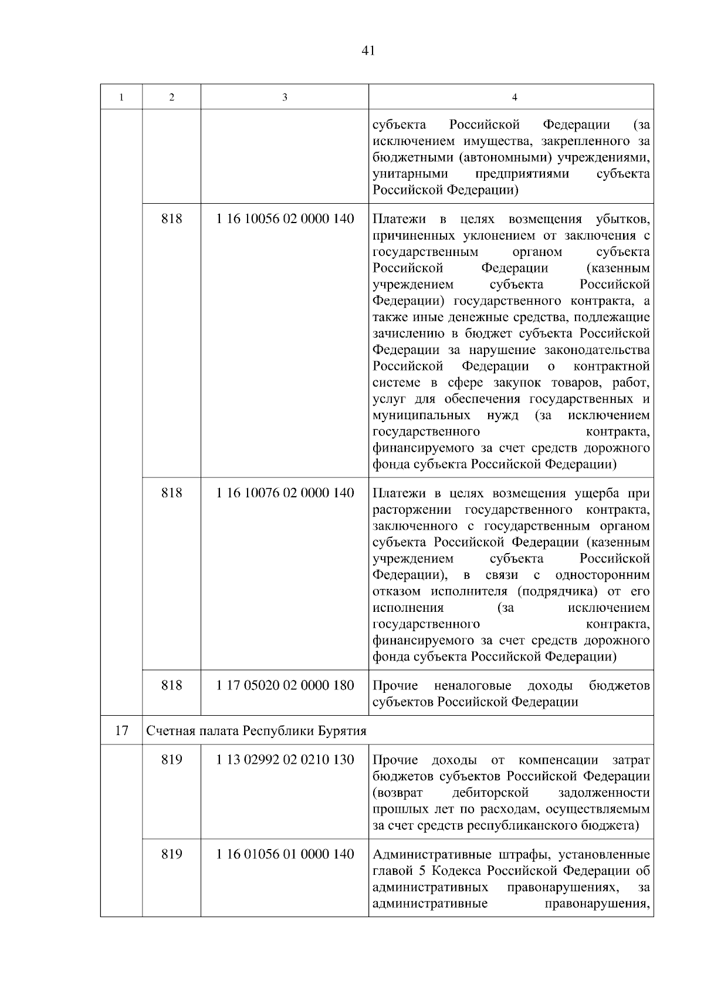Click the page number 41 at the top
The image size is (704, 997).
[368, 50]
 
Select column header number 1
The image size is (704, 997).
[121, 97]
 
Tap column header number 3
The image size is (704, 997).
[285, 97]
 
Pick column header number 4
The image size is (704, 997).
[515, 97]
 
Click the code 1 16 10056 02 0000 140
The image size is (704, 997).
[285, 219]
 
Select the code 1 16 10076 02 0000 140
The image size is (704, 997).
[285, 493]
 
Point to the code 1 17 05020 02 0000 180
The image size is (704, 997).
[285, 685]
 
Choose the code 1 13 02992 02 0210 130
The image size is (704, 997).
[285, 760]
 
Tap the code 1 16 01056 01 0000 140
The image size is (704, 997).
[285, 854]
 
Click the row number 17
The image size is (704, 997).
[121, 731]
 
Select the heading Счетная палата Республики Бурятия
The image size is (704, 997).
[256, 731]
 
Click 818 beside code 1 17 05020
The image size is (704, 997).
[171, 685]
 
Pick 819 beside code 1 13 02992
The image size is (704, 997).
[171, 760]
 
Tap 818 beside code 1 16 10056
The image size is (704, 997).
[171, 219]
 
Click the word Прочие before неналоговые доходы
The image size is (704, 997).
[395, 686]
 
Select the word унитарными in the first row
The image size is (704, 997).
[411, 174]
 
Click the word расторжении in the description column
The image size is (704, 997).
[411, 509]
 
